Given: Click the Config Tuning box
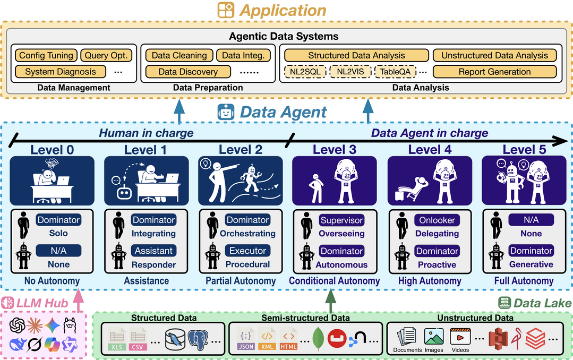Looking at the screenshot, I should tap(46, 55).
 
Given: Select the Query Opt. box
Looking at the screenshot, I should tap(108, 55).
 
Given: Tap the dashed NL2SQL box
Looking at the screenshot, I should tap(305, 72).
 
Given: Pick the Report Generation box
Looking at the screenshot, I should tap(494, 72).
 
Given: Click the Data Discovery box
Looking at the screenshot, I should tap(188, 72).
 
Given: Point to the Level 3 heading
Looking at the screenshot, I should tap(334, 150).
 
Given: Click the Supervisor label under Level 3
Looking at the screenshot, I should tap(341, 220).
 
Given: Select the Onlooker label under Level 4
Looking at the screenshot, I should tap(437, 220).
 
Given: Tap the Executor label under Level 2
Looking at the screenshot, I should tap(247, 251).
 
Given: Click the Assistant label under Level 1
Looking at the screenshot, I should tap(153, 251).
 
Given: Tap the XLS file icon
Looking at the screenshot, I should tap(116, 340).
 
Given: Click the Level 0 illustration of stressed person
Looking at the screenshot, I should tap(52, 181).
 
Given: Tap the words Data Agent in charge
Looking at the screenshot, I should tap(429, 133).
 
